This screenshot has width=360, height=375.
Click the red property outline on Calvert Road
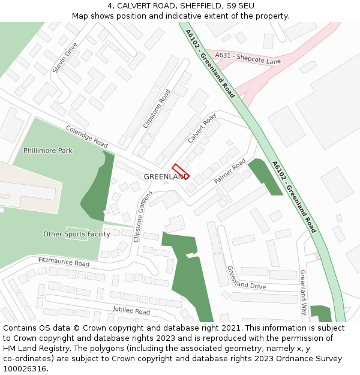pos(181,172)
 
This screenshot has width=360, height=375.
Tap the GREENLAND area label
pos(166,177)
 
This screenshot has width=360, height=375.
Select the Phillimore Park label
pos(48,151)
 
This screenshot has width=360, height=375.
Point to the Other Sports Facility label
pos(77,234)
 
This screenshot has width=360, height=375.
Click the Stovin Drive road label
pos(65,58)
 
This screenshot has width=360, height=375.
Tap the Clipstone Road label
pos(157,109)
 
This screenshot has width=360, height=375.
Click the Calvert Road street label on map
pos(202,128)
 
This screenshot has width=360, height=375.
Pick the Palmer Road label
pos(230,172)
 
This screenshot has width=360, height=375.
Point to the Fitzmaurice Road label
pos(64,262)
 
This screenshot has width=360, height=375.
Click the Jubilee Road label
pos(131,310)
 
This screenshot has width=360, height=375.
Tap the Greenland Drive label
pos(246,278)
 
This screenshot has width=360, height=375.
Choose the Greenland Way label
pos(304,293)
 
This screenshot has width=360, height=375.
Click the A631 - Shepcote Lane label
pos(248,58)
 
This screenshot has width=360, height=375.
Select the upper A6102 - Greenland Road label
pos(210,64)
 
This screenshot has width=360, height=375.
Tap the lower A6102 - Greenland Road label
pos(293,197)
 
